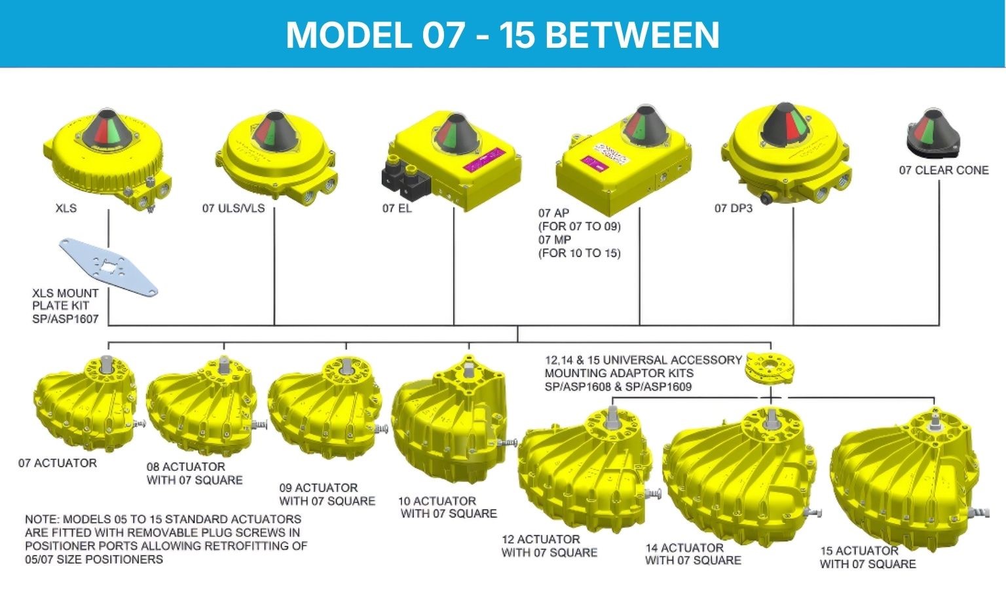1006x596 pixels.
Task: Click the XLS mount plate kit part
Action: (x=108, y=267)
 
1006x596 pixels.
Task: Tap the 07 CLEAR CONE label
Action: (x=943, y=170)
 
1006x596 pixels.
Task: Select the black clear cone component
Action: (x=933, y=134)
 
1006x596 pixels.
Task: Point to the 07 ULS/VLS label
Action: (x=233, y=208)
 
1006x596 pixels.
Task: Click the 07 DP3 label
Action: (x=733, y=208)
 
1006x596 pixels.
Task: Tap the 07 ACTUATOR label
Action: (x=58, y=463)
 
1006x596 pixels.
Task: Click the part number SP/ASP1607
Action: (x=65, y=319)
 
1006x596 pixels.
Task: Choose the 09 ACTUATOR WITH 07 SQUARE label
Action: (x=327, y=494)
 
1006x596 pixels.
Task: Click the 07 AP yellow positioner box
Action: (x=622, y=164)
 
